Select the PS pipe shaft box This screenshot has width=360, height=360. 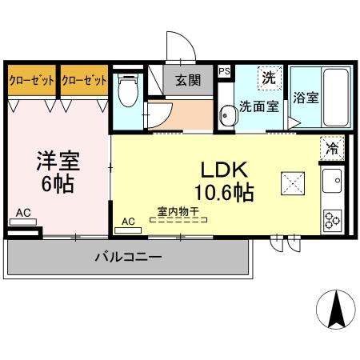click(224, 70)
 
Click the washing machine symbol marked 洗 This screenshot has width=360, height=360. click(269, 78)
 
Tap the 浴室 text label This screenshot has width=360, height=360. click(306, 99)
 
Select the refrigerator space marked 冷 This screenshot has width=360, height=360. click(331, 148)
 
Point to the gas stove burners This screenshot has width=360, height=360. click(331, 217)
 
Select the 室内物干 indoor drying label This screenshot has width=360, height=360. click(178, 212)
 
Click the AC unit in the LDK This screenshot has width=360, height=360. click(128, 224)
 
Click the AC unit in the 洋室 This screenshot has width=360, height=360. click(24, 214)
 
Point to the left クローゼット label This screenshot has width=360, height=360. click(31, 80)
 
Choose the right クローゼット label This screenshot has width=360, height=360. click(84, 80)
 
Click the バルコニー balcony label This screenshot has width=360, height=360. click(129, 257)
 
